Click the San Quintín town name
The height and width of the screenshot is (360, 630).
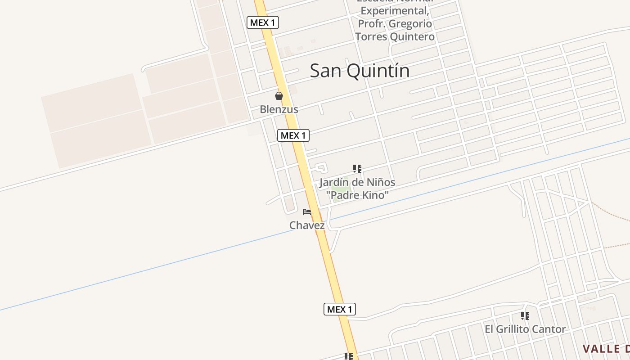(x=360, y=71)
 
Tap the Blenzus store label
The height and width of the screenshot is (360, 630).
(x=279, y=109)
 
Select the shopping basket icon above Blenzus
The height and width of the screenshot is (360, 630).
(x=279, y=96)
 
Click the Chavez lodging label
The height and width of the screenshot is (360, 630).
(x=307, y=225)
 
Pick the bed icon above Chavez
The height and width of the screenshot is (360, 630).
(x=307, y=212)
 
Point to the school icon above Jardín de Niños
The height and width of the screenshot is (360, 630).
(x=357, y=169)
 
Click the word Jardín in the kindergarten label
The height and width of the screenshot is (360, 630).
(x=334, y=183)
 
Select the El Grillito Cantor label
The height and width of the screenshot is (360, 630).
(x=525, y=329)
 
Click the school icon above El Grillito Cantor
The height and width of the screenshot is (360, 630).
(x=525, y=316)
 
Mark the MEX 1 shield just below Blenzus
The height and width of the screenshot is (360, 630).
(x=293, y=135)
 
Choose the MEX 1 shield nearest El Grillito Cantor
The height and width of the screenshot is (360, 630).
(x=340, y=309)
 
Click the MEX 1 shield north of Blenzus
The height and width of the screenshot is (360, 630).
(x=263, y=22)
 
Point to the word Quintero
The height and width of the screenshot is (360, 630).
(x=413, y=36)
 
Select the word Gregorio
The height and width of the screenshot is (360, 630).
(x=411, y=24)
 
